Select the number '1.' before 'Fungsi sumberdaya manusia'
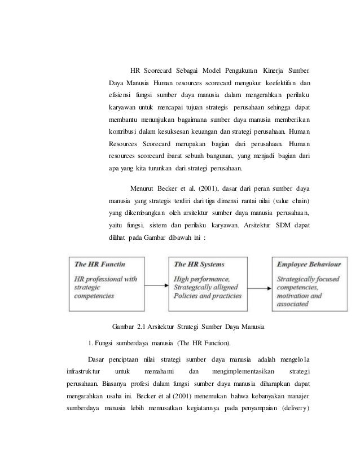click(x=92, y=344)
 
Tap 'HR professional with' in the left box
click(x=106, y=278)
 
